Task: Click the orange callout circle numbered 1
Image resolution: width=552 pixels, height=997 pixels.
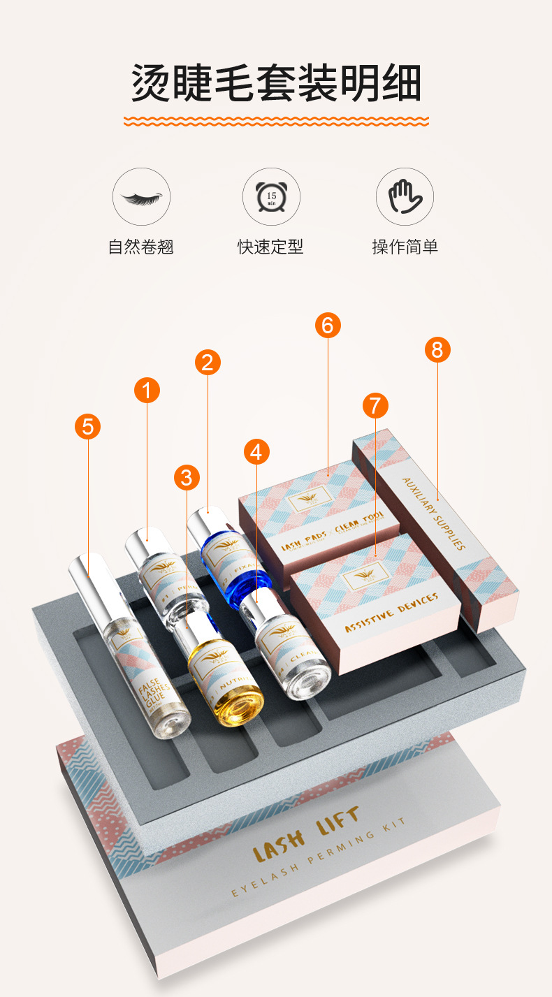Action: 147,391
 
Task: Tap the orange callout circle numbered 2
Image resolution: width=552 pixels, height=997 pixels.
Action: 207,362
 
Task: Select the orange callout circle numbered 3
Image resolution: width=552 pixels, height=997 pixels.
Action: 186,478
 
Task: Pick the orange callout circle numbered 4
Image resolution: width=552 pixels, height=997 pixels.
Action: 256,452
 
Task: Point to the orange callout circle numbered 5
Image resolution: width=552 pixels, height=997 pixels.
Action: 87,426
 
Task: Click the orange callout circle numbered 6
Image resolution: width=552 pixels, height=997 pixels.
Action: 327,325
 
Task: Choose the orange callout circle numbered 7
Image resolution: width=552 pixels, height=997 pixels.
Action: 375,405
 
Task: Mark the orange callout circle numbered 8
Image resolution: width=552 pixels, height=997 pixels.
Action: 437,349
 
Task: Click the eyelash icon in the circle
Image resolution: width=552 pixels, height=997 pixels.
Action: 141,196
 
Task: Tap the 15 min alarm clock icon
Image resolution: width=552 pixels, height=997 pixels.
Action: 271,196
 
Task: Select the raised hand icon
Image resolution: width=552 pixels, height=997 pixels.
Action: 405,196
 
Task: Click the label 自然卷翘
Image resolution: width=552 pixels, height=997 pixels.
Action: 141,247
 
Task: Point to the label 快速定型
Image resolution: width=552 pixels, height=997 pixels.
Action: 271,247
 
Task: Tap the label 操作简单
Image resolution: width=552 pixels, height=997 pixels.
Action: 405,247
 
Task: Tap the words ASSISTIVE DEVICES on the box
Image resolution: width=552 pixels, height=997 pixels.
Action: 391,613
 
